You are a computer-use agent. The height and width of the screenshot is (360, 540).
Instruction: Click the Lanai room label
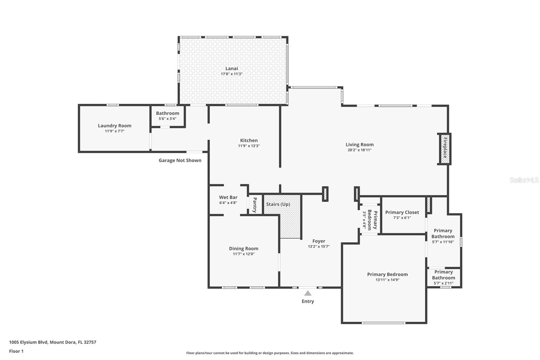(232, 69)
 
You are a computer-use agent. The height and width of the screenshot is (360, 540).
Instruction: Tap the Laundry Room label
(114, 126)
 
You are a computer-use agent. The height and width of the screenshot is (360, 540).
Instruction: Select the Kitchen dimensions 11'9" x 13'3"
(249, 146)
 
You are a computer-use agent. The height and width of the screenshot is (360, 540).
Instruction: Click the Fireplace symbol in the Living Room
(444, 149)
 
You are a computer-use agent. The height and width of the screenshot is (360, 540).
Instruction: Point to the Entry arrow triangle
(307, 293)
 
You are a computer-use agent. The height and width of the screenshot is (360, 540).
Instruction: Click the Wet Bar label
(228, 197)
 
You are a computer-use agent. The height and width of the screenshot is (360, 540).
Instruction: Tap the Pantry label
(255, 205)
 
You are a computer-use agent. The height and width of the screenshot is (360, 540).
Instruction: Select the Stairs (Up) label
(278, 204)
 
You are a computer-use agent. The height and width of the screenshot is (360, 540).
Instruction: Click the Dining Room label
(243, 249)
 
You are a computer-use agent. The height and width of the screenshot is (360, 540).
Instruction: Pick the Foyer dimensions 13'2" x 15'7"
(319, 247)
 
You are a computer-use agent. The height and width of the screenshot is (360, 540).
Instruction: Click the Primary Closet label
(402, 212)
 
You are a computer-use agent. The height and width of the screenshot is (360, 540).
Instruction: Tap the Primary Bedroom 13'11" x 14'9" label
(387, 275)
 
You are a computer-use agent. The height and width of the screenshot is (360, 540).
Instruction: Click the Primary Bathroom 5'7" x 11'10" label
(443, 234)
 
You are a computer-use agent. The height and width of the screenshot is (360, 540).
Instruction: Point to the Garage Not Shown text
(180, 160)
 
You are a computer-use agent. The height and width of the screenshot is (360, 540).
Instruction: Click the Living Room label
(359, 145)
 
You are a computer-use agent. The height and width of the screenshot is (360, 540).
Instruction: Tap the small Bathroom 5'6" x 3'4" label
(167, 113)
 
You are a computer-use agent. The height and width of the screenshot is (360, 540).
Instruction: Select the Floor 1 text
(16, 351)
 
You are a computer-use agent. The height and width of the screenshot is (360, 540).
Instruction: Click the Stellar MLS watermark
(524, 180)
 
